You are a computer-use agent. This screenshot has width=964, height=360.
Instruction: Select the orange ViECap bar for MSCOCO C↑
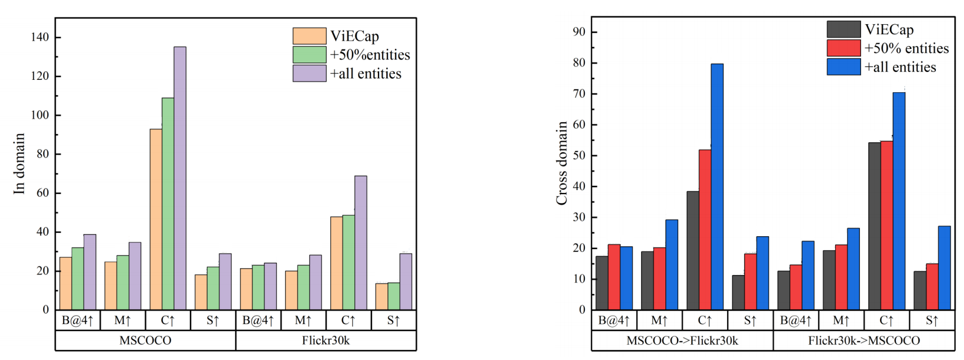pyautogui.click(x=156, y=219)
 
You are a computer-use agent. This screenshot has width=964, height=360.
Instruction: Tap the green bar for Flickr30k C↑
pyautogui.click(x=349, y=262)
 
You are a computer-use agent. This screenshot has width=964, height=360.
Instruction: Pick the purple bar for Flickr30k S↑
pyautogui.click(x=406, y=281)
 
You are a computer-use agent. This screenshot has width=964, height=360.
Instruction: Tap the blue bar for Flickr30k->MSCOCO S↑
pyautogui.click(x=944, y=268)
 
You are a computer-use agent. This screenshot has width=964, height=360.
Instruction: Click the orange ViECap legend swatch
pyautogui.click(x=309, y=36)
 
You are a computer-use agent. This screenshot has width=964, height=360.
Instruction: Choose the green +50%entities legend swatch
pyautogui.click(x=309, y=55)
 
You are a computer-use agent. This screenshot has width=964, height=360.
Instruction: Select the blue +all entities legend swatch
pyautogui.click(x=844, y=67)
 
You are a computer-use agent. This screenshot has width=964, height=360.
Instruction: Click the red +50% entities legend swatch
pyautogui.click(x=844, y=48)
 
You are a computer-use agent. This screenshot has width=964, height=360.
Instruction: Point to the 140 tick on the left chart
pyautogui.click(x=40, y=37)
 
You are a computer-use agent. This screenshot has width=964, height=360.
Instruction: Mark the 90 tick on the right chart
pyautogui.click(x=579, y=32)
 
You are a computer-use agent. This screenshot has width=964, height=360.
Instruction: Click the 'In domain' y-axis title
pyautogui.click(x=20, y=164)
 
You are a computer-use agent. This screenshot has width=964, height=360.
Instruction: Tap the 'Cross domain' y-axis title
pyautogui.click(x=562, y=163)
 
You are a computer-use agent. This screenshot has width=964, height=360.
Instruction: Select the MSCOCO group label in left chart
pyautogui.click(x=145, y=340)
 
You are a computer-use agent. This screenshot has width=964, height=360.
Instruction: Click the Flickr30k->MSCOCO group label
pyautogui.click(x=864, y=340)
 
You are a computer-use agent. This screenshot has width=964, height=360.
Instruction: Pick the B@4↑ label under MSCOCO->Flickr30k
pyautogui.click(x=614, y=321)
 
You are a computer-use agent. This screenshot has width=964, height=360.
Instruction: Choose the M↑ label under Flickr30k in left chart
pyautogui.click(x=303, y=321)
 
